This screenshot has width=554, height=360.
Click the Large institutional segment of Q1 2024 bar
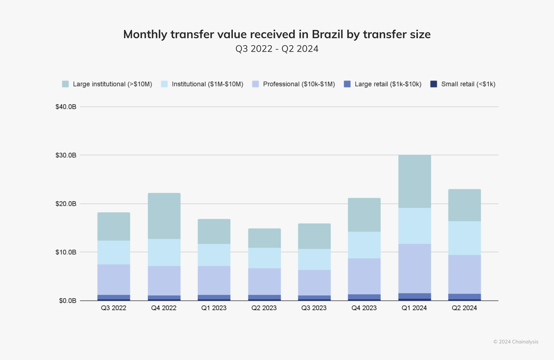click(415, 181)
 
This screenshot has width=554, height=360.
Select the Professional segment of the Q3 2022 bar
click(114, 280)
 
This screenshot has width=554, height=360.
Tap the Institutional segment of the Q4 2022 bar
click(164, 252)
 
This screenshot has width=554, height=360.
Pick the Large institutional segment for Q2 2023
click(264, 238)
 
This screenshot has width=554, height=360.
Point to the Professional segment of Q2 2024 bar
click(465, 274)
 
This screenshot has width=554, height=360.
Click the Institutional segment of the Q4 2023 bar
click(364, 245)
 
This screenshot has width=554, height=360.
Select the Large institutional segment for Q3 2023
click(314, 236)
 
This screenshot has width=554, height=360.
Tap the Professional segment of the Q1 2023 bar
click(214, 280)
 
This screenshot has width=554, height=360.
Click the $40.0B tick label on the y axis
click(66, 107)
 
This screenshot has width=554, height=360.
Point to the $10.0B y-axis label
click(66, 252)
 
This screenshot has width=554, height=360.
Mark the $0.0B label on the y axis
click(68, 301)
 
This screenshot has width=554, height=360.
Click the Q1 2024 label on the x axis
click(414, 308)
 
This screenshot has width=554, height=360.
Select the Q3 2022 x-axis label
click(113, 308)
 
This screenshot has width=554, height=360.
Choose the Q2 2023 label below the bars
click(264, 308)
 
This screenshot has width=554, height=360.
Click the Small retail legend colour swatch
click(433, 84)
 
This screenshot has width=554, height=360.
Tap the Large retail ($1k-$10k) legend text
click(388, 84)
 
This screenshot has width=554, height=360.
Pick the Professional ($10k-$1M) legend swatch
click(255, 84)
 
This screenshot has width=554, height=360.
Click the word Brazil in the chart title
click(327, 34)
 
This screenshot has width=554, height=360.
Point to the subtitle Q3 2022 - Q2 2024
click(277, 49)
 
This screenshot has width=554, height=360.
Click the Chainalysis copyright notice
click(516, 342)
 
